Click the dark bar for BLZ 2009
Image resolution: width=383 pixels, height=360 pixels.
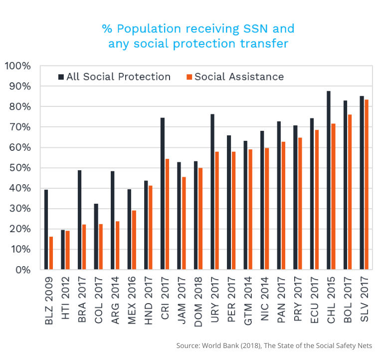pyautogui.click(x=46, y=230)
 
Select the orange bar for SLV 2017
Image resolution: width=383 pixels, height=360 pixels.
pyautogui.click(x=367, y=185)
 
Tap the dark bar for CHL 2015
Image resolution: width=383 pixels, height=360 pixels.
pyautogui.click(x=328, y=180)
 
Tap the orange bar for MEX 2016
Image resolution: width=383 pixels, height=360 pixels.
pyautogui.click(x=134, y=240)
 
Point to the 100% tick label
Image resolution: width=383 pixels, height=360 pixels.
pyautogui.click(x=18, y=66)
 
